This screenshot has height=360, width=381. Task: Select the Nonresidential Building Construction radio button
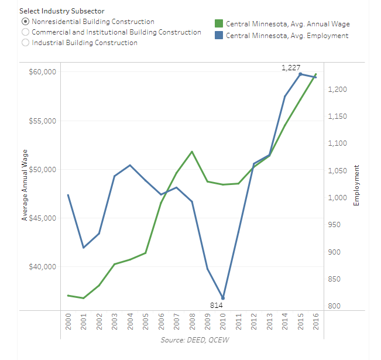pyautogui.click(x=25, y=22)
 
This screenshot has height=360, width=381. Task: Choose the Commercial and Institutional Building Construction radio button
pyautogui.click(x=25, y=32)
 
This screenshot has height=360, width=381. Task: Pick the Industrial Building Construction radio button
pyautogui.click(x=25, y=43)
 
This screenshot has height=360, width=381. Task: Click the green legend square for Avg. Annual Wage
pyautogui.click(x=219, y=24)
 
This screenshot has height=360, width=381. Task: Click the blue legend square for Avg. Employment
pyautogui.click(x=219, y=36)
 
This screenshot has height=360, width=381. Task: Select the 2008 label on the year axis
pyautogui.click(x=192, y=321)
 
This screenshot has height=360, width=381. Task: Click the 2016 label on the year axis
pyautogui.click(x=316, y=321)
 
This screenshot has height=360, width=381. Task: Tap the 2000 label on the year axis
pyautogui.click(x=68, y=321)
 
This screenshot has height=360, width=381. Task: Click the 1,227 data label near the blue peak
pyautogui.click(x=291, y=68)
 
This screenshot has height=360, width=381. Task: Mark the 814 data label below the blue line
pyautogui.click(x=217, y=305)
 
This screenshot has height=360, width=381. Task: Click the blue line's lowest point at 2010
pyautogui.click(x=223, y=298)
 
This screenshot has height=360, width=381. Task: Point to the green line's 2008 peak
pyautogui.click(x=192, y=152)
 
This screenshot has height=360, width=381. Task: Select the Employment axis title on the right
pyautogui.click(x=355, y=185)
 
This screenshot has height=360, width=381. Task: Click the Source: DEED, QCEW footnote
pyautogui.click(x=192, y=340)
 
